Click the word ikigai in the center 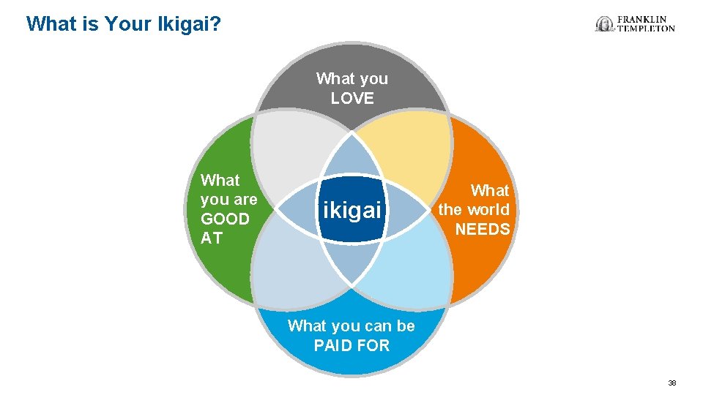tap(352, 211)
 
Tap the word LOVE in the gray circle tap(352, 99)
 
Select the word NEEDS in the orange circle tap(483, 229)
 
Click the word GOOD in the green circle tap(225, 219)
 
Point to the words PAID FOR tap(351, 345)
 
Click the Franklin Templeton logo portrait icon tap(605, 24)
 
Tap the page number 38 tap(672, 383)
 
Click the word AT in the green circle tap(212, 238)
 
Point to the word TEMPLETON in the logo tap(647, 29)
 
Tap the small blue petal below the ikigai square tap(352, 263)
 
